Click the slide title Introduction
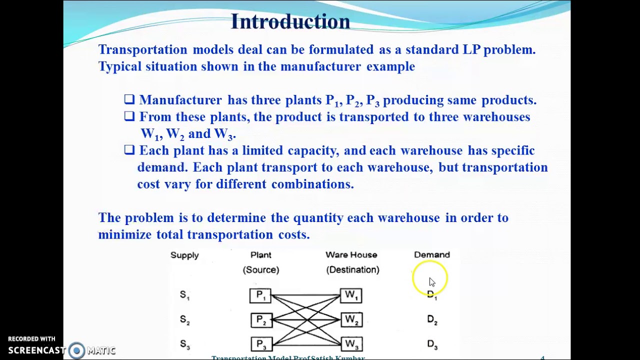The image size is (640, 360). [290, 21]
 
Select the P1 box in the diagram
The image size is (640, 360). [260, 295]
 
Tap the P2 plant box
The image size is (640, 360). [260, 320]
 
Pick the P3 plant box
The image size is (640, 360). [260, 344]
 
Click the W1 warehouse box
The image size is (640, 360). [351, 295]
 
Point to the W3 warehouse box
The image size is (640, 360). [351, 344]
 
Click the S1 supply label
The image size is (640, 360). [184, 295]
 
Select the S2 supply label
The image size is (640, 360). [184, 320]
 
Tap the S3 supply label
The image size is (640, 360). [184, 344]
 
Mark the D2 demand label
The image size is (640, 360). [432, 320]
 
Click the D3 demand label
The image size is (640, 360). [432, 344]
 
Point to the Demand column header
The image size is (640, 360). [432, 255]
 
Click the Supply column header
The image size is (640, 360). [184, 255]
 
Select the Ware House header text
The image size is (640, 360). [351, 255]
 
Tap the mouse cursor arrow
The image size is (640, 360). [432, 282]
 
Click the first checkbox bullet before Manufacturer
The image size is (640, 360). [129, 99]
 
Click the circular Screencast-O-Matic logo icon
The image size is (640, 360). [76, 350]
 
